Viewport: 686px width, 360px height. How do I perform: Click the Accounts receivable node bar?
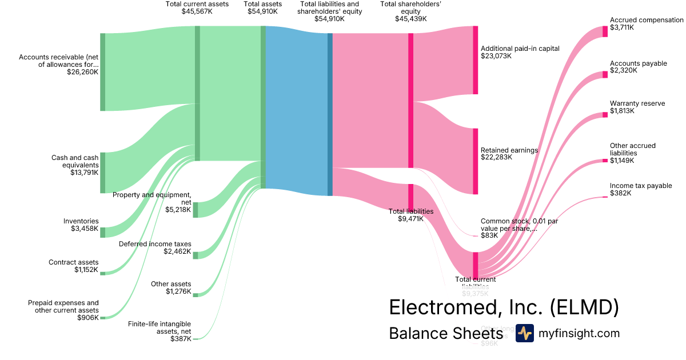(x=103, y=72)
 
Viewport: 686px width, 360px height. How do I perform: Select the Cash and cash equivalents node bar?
(x=103, y=173)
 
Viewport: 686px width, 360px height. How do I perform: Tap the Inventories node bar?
(x=103, y=232)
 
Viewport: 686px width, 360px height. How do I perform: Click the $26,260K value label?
(x=82, y=73)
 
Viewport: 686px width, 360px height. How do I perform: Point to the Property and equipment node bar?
(x=196, y=210)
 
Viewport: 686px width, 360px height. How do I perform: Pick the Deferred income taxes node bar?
(x=196, y=255)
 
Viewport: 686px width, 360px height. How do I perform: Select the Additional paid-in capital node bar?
(x=475, y=60)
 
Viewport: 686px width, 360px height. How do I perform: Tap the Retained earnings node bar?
(x=475, y=161)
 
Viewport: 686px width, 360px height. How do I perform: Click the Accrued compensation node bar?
(x=605, y=31)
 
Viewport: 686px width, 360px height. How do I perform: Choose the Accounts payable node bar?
(x=605, y=74)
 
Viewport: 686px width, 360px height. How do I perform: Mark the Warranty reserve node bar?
(x=605, y=115)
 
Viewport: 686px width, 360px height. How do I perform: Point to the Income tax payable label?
(x=641, y=186)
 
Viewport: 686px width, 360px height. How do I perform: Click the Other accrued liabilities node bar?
(x=605, y=161)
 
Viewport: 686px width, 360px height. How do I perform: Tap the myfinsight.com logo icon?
(x=524, y=333)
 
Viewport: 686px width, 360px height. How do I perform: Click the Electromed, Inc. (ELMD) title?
(x=504, y=307)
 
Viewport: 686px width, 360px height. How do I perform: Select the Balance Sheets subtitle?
(x=446, y=333)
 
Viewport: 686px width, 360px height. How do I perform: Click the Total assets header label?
(x=262, y=7)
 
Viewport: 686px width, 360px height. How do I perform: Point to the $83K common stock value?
(x=489, y=235)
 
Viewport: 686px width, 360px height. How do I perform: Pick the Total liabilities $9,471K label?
(x=410, y=215)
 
